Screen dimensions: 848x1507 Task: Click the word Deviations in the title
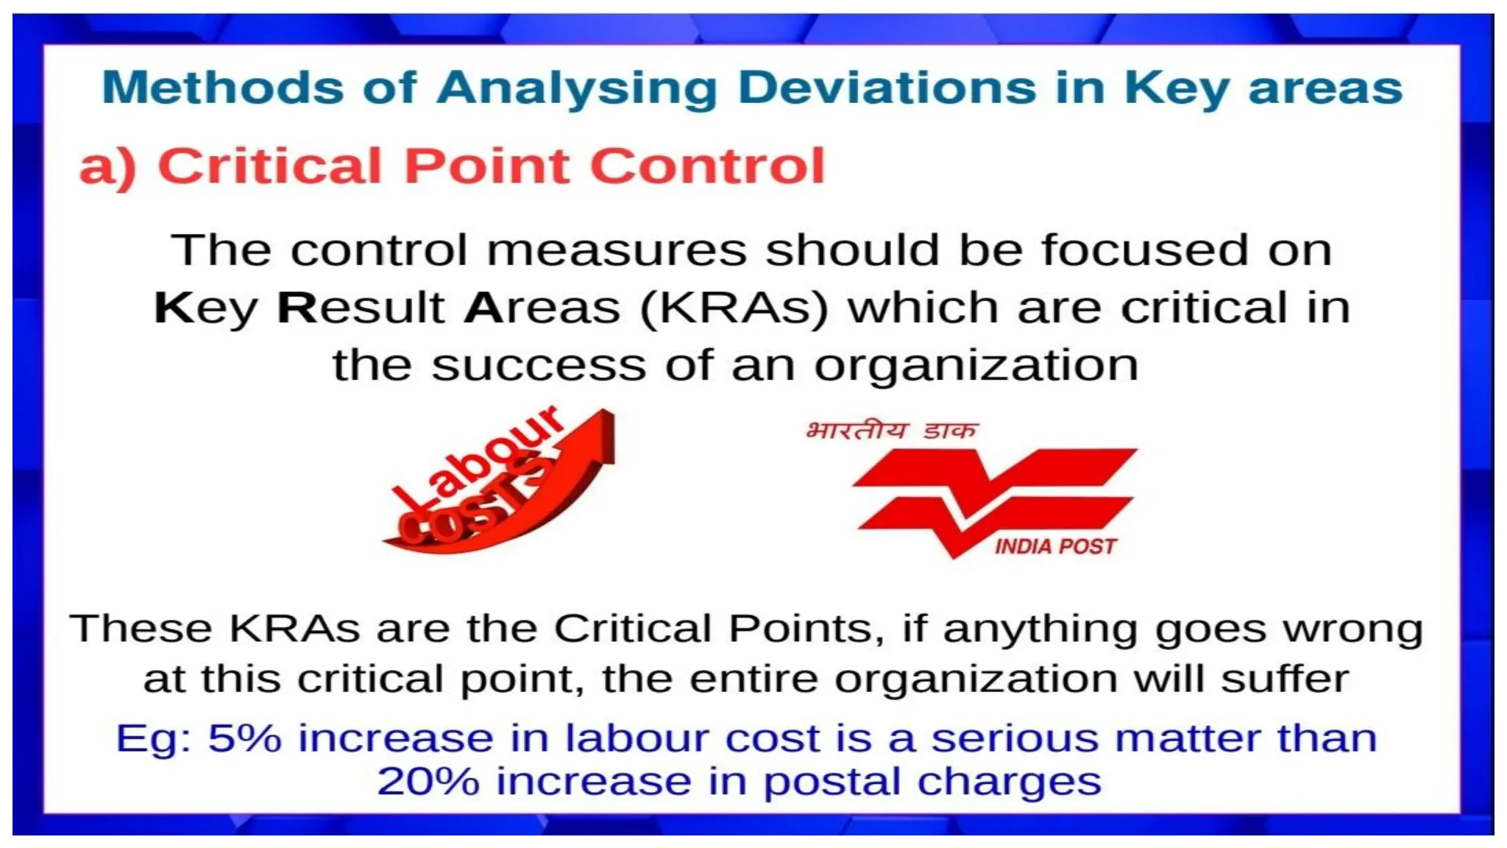click(887, 88)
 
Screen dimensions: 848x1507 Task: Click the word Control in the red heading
click(707, 166)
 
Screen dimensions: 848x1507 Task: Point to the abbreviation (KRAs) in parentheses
click(734, 308)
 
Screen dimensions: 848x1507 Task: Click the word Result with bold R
click(361, 308)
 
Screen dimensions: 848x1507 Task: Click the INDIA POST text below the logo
click(1055, 546)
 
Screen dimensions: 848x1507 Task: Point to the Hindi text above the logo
click(892, 430)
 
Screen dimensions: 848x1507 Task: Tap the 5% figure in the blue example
click(244, 738)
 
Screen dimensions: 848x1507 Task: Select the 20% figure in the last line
click(428, 782)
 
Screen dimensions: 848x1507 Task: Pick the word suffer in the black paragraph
click(1285, 679)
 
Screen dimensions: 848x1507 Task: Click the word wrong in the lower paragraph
click(1352, 629)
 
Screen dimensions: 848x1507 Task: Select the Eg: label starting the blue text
click(153, 739)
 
